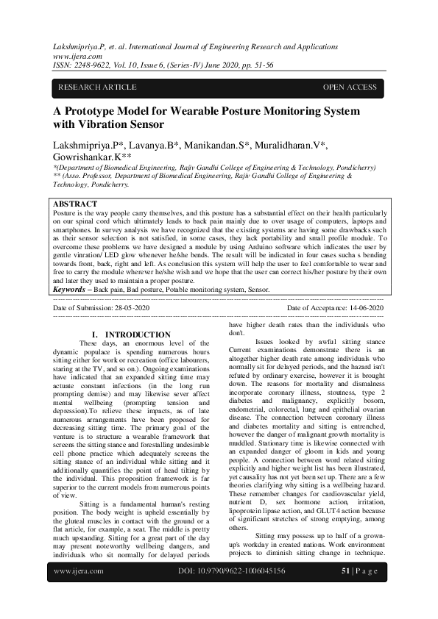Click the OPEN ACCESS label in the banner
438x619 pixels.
pyautogui.click(x=350, y=87)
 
